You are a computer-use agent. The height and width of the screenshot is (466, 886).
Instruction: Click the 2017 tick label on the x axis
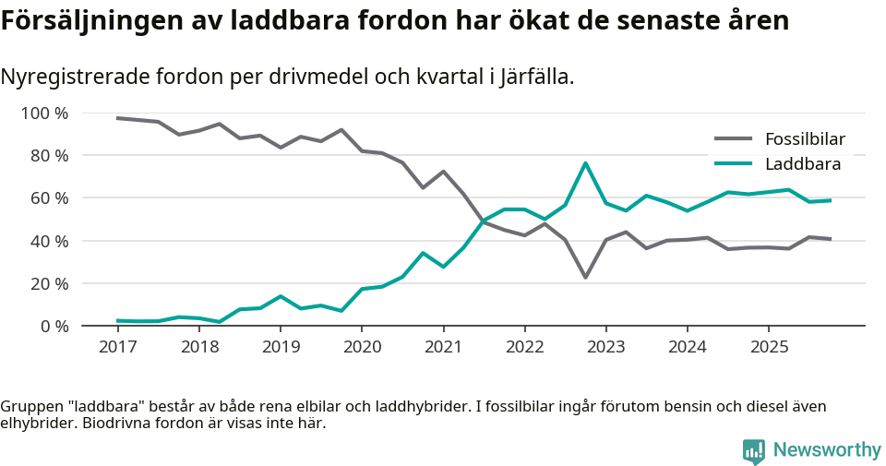click(116, 347)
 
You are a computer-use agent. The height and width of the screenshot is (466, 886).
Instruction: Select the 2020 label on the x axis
click(361, 347)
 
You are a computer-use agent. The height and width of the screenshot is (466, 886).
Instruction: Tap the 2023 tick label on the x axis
click(605, 347)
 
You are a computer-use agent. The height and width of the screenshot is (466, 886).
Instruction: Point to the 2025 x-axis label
click(769, 347)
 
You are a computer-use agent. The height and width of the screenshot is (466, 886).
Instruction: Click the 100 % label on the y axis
click(45, 114)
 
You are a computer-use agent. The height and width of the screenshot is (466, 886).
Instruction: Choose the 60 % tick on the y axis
click(49, 198)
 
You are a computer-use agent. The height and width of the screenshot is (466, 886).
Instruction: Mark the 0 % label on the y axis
click(54, 326)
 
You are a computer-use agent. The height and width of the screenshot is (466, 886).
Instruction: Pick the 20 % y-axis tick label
click(49, 283)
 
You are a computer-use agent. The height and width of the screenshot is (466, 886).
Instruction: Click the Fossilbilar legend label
click(805, 139)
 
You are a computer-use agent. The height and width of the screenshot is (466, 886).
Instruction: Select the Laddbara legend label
click(802, 164)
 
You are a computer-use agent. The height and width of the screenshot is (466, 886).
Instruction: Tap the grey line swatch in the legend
click(733, 139)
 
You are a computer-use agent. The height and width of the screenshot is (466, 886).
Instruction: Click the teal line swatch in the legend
click(733, 164)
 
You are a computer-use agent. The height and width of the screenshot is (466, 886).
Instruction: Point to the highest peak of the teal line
click(585, 163)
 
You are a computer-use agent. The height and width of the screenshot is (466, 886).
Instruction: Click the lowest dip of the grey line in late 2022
click(585, 277)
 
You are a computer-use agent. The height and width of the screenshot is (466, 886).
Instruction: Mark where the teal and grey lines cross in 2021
click(481, 221)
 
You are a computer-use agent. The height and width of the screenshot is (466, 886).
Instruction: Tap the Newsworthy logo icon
click(754, 450)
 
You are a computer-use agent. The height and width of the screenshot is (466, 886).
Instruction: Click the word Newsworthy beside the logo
click(827, 450)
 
